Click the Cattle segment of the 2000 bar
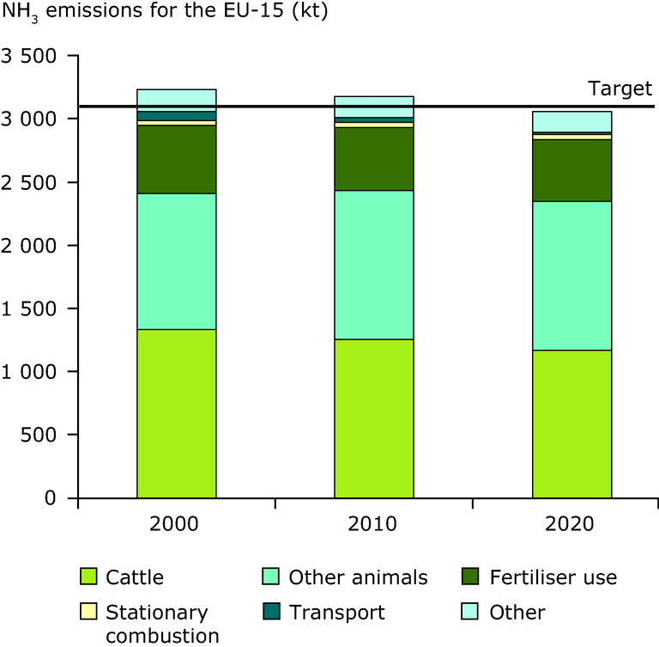(x=177, y=413)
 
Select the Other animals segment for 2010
(x=374, y=265)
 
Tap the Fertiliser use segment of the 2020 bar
(x=572, y=170)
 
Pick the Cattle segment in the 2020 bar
(x=572, y=424)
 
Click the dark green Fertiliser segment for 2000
(x=177, y=160)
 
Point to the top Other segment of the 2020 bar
(x=572, y=122)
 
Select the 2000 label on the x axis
(x=177, y=524)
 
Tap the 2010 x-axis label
(x=374, y=524)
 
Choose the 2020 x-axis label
(x=572, y=524)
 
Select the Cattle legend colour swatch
(x=88, y=577)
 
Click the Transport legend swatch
(x=271, y=612)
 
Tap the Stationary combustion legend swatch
(x=88, y=612)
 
